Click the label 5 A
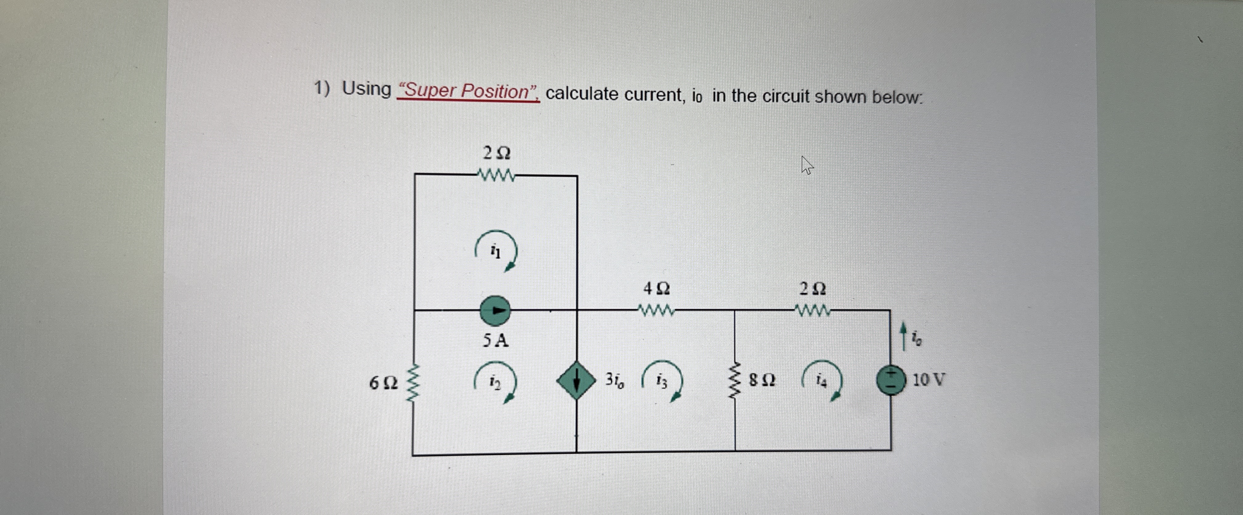point(495,341)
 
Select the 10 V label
point(928,380)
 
